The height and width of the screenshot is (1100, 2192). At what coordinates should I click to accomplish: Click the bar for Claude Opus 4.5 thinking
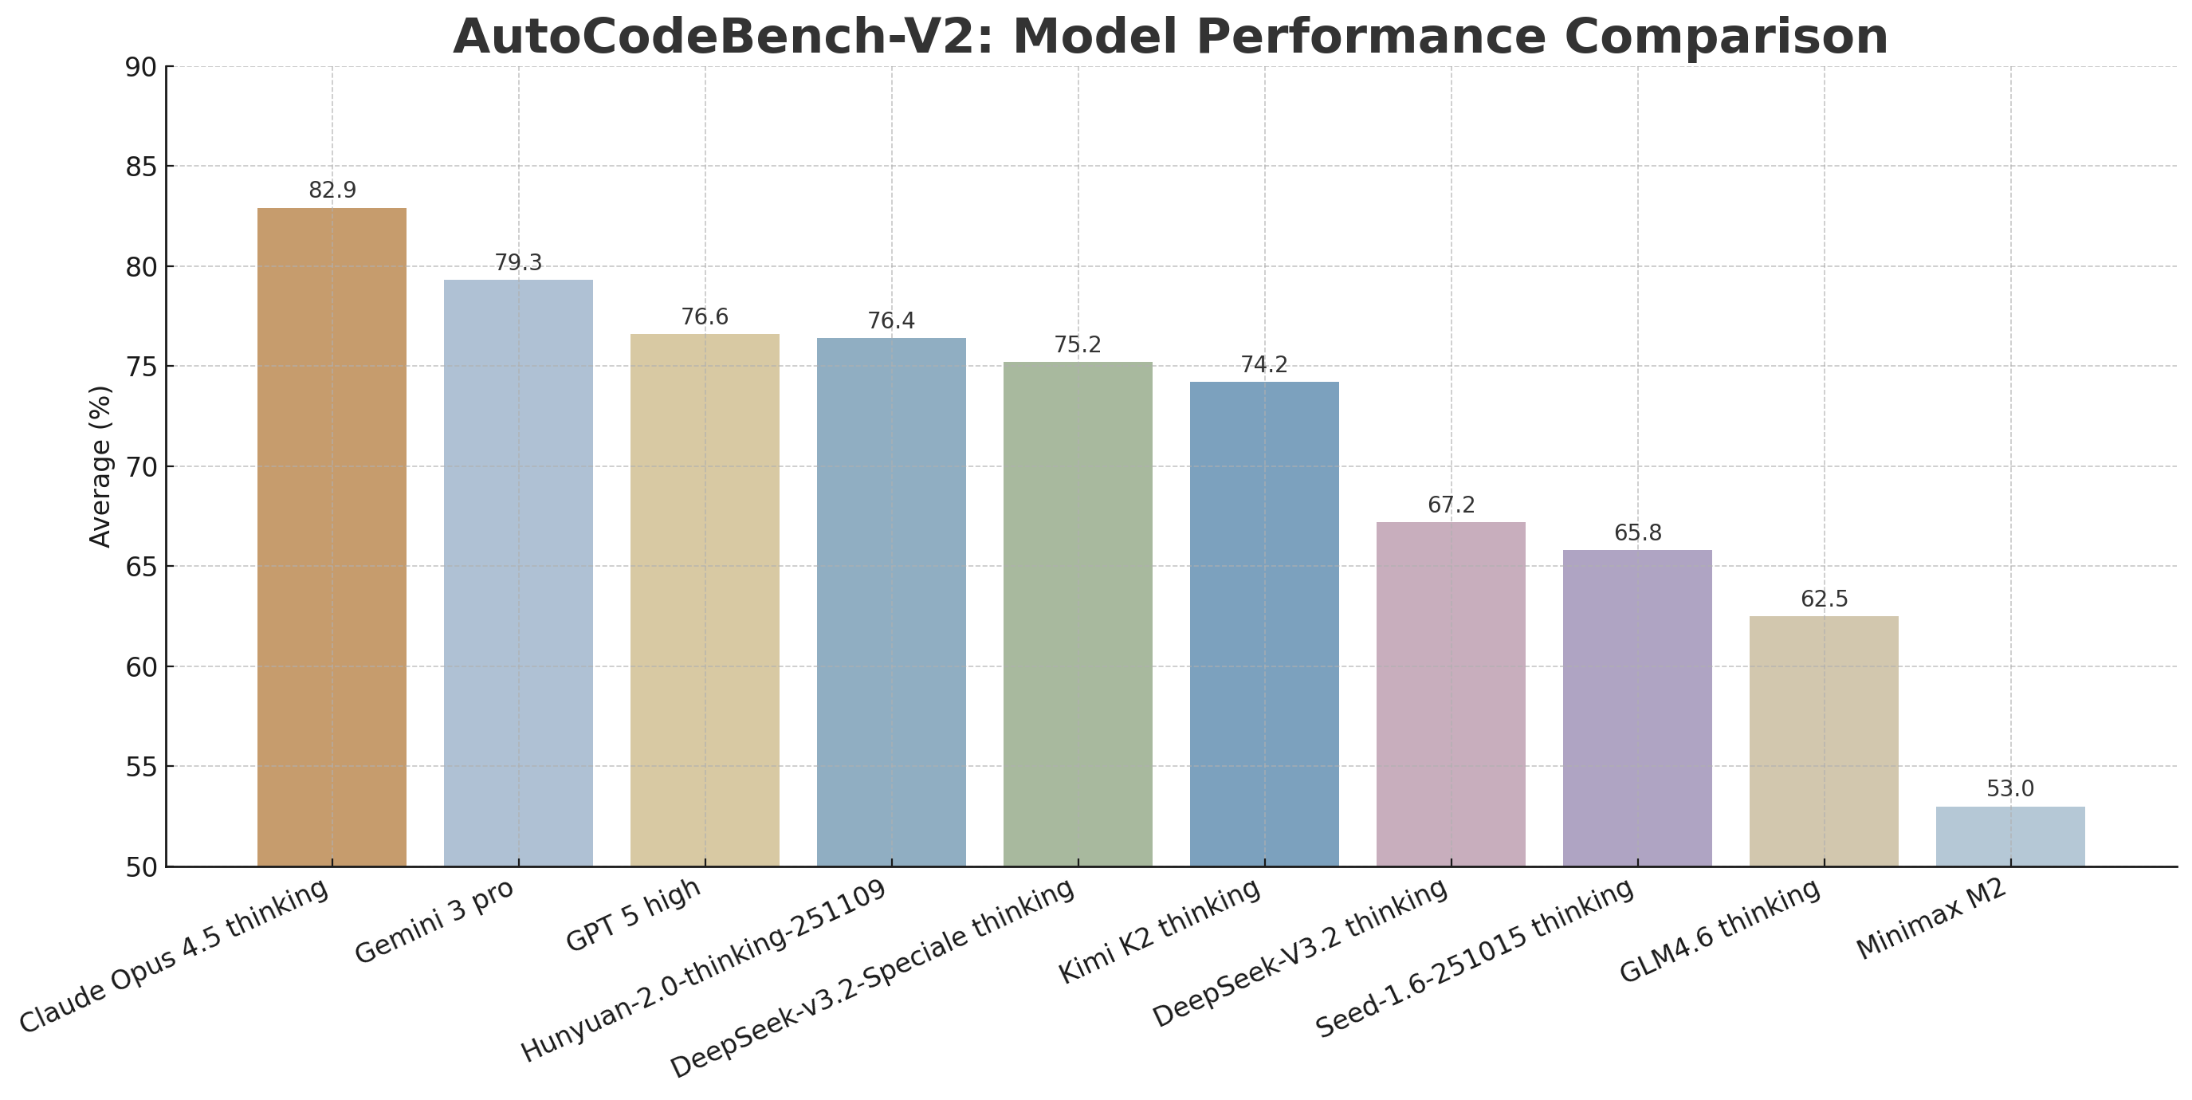point(332,536)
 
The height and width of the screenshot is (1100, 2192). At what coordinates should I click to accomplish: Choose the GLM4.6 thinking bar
point(1824,741)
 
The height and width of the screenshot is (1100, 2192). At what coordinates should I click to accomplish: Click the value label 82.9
point(332,191)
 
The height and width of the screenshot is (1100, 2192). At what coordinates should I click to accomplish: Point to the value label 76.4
point(891,320)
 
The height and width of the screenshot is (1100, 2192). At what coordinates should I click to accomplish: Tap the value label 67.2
point(1451,505)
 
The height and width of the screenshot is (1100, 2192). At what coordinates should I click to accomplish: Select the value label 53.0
point(2010,788)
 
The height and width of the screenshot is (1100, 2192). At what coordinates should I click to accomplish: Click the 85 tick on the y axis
point(140,167)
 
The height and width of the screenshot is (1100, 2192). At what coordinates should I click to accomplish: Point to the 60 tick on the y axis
point(140,667)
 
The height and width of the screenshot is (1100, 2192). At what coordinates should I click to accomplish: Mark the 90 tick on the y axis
point(140,67)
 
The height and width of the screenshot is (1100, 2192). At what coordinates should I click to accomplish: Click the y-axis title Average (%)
point(100,466)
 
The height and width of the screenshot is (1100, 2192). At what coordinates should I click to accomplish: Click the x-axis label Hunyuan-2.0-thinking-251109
point(704,972)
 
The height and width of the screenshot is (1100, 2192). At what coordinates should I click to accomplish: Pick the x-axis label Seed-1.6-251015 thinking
point(1475,958)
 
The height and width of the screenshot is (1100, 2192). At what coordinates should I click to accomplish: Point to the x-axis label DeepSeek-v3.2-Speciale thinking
point(872,978)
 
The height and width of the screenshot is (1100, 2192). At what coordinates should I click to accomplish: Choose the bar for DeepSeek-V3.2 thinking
point(1451,694)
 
